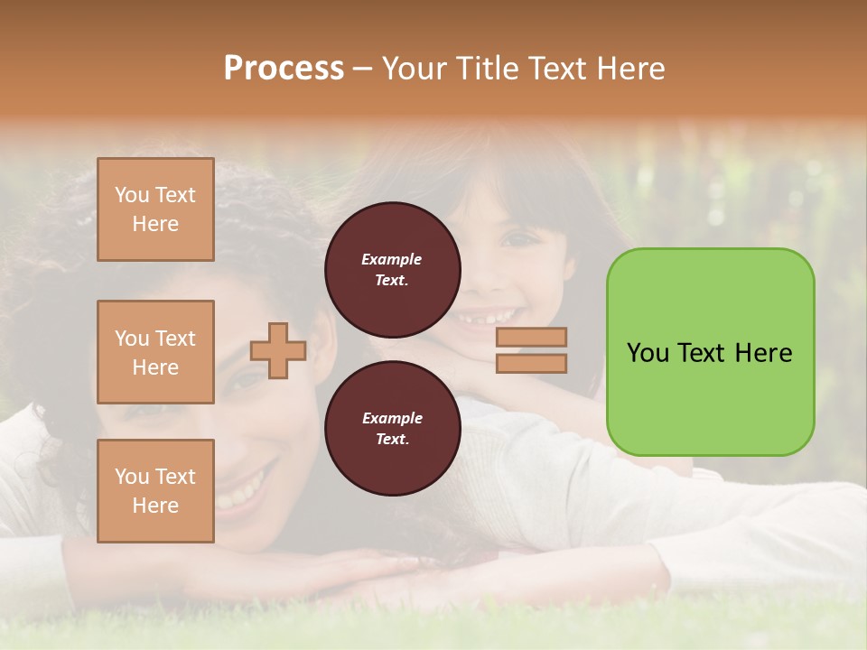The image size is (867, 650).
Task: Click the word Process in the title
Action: [284, 69]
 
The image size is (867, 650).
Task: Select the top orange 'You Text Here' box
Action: [155, 209]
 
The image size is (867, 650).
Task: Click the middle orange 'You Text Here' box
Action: [155, 352]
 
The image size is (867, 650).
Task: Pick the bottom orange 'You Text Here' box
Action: [155, 490]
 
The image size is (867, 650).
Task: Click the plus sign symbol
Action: [278, 350]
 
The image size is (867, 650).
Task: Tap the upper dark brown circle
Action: [392, 269]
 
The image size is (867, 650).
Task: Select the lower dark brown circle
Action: [392, 428]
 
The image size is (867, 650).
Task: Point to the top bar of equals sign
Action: [531, 338]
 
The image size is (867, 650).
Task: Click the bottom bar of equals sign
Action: [531, 363]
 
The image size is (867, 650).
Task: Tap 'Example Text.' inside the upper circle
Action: [392, 269]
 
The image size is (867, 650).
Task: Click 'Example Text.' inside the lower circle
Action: [392, 428]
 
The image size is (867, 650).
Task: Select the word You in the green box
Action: [648, 353]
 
